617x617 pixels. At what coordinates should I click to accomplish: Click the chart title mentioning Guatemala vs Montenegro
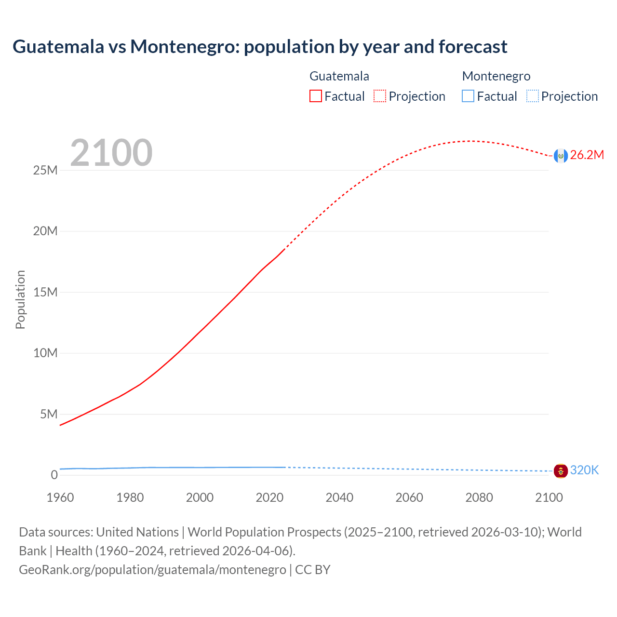coord(260,47)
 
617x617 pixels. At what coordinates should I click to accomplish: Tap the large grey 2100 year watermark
coord(111,153)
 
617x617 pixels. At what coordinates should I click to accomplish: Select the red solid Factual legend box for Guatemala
coord(315,96)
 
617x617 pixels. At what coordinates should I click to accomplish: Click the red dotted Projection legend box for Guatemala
coord(380,96)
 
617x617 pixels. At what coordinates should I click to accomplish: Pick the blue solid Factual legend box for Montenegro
coord(468,96)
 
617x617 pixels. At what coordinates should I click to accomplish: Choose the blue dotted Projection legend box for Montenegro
coord(532,96)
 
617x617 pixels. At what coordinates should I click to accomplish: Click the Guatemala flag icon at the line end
coord(560,156)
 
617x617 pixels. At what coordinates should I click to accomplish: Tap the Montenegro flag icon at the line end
coord(560,471)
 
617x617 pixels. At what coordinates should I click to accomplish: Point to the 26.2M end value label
coord(587,155)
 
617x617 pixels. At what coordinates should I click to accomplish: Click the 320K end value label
coord(584,470)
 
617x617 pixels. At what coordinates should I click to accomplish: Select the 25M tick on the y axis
coord(45,171)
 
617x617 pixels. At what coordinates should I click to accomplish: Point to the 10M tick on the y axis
coord(45,353)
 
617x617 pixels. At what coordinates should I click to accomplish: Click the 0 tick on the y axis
coord(54,475)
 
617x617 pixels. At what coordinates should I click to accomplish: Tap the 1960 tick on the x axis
coord(60,498)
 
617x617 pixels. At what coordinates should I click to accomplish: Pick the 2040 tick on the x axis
coord(339,498)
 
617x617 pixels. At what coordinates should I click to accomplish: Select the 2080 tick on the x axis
coord(479,498)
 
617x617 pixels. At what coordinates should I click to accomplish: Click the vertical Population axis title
coord(20,299)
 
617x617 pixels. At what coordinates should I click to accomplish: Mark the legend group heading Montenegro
coord(496,76)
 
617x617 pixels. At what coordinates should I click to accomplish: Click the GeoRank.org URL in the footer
coord(152,570)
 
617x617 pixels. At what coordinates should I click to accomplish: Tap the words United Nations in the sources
coord(137,532)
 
